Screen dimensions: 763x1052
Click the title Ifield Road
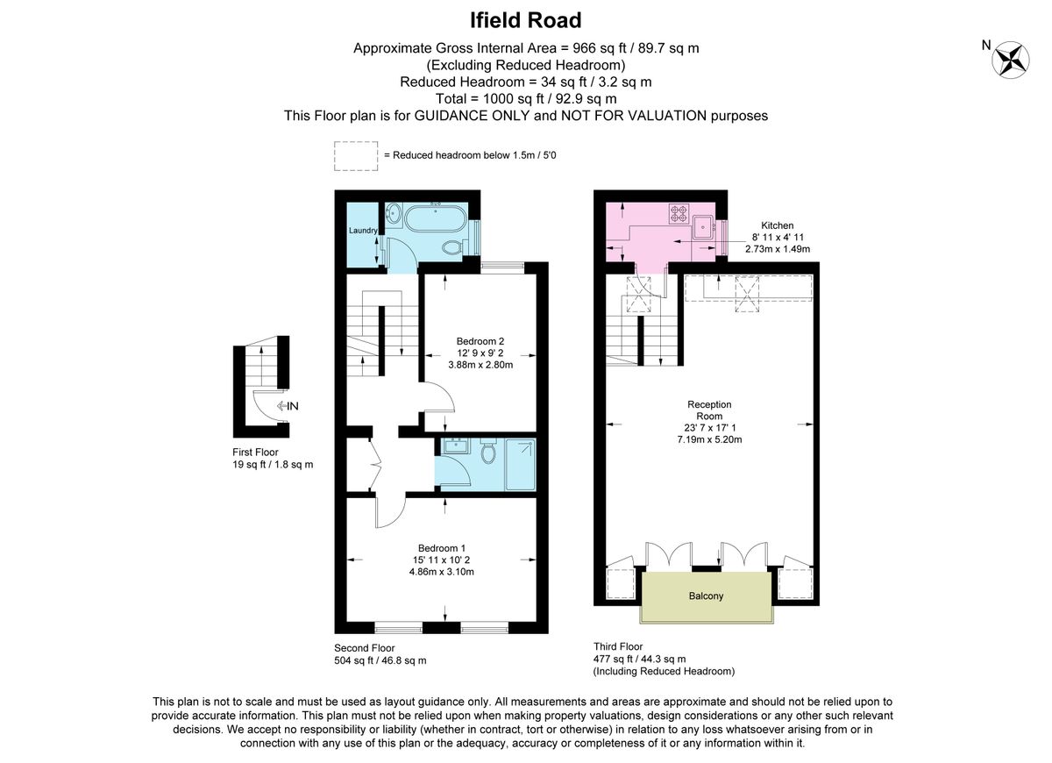click(x=525, y=19)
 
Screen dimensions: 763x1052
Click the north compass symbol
click(x=1010, y=58)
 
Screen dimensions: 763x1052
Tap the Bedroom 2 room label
click(x=480, y=341)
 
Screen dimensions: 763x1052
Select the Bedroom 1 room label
click(x=443, y=548)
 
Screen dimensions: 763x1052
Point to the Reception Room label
click(x=709, y=410)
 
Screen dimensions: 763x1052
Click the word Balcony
click(x=706, y=596)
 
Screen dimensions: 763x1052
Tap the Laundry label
click(x=363, y=231)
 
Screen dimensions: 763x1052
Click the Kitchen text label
click(x=777, y=225)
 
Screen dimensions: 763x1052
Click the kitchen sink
click(x=703, y=226)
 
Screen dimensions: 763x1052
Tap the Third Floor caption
click(x=618, y=646)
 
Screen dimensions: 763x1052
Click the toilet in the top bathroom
click(x=454, y=248)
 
